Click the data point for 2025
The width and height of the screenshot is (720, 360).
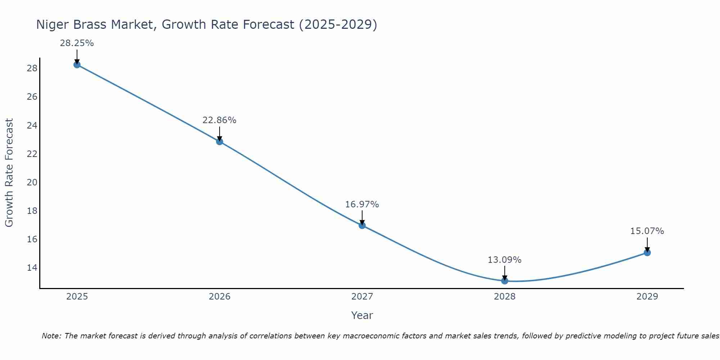(77, 65)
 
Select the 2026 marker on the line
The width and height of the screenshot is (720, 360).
(220, 141)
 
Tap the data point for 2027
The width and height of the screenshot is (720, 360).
(362, 225)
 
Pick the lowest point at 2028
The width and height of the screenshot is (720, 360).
(505, 281)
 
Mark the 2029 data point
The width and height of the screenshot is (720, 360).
(647, 253)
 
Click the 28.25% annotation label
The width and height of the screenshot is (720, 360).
(77, 44)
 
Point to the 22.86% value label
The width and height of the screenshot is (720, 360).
(219, 120)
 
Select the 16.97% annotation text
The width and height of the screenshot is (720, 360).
(362, 204)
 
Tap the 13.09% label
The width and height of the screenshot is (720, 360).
(504, 260)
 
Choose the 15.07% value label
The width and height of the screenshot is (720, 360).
(647, 231)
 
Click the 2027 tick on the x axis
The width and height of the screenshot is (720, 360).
(362, 297)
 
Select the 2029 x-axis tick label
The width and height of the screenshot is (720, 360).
(647, 297)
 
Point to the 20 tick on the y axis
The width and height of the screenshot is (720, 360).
(32, 182)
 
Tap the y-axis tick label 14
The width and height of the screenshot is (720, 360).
(32, 268)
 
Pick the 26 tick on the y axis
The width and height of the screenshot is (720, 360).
(32, 97)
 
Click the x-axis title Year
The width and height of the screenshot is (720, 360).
(362, 315)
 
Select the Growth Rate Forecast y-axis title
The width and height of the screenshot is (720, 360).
(9, 172)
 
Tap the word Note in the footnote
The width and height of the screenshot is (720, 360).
(51, 336)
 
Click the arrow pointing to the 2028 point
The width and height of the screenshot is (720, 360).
(505, 273)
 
